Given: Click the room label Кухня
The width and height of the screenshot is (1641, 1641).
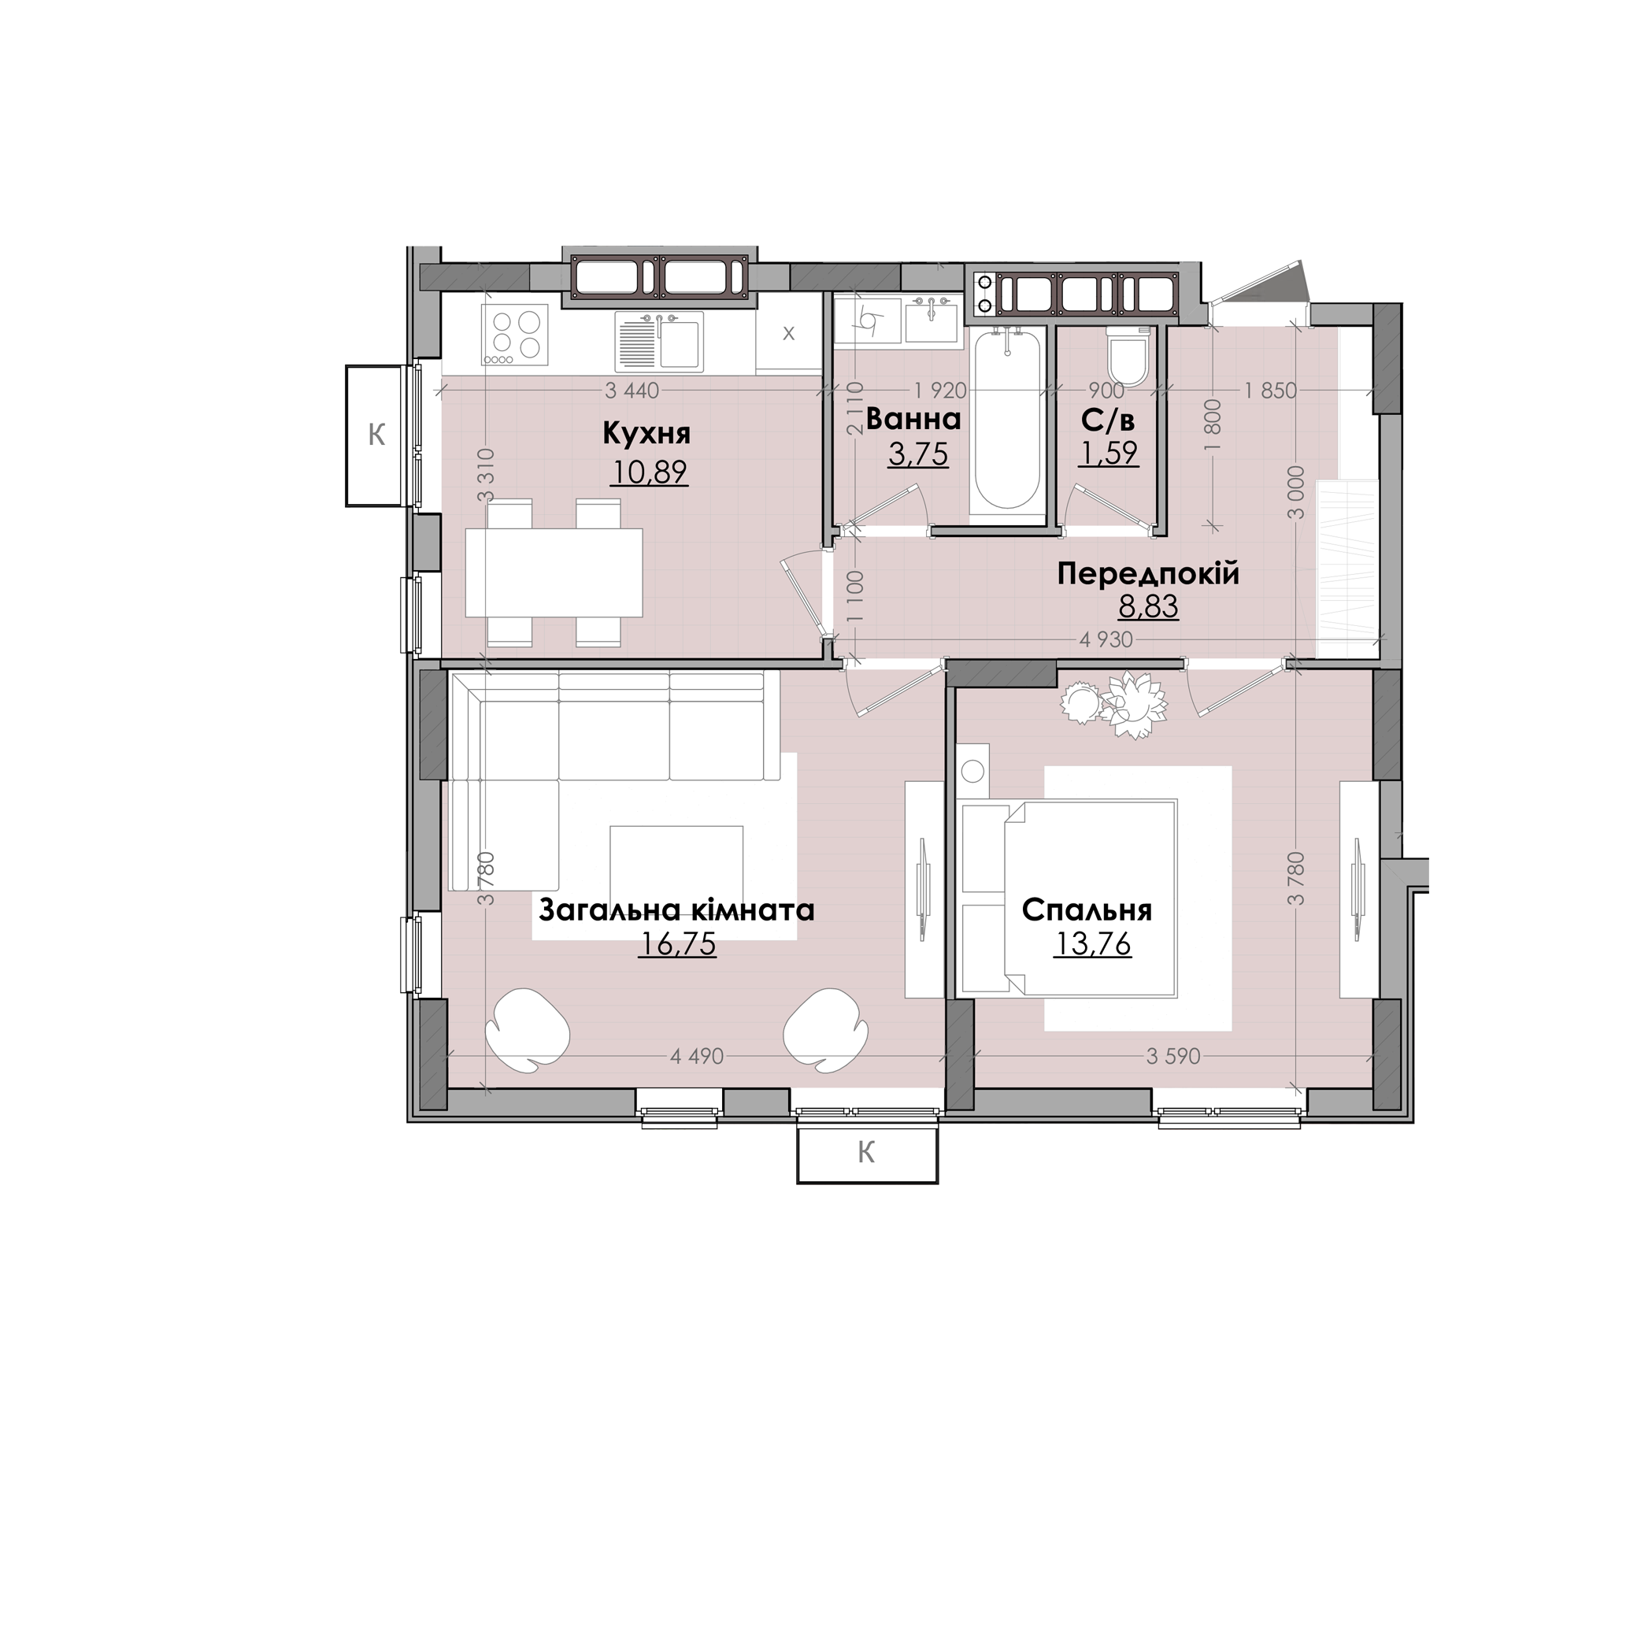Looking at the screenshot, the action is [646, 434].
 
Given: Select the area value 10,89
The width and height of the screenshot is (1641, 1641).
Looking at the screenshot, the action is [649, 472].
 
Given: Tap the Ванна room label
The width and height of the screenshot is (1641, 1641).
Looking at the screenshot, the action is [913, 419].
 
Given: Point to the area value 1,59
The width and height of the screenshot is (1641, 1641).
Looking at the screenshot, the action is [1109, 454].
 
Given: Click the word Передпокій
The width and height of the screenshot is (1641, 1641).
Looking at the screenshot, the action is [1148, 574].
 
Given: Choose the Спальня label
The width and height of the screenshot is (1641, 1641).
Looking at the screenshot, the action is [1087, 910].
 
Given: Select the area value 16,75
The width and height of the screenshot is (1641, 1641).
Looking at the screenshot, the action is [677, 943].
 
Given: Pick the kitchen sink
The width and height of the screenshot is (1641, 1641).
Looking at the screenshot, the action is [659, 342].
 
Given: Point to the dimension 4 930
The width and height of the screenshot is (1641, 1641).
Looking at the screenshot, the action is [1106, 639].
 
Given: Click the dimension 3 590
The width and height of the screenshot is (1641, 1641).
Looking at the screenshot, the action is [1173, 1057].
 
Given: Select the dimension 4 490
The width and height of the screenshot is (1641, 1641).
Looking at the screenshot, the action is [697, 1057].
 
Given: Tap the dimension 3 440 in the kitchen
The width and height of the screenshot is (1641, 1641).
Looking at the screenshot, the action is [632, 391].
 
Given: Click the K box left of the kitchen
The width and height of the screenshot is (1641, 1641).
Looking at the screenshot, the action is [375, 435].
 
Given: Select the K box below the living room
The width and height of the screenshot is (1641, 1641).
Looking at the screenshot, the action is [867, 1154].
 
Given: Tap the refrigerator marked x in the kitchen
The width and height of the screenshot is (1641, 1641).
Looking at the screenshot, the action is [788, 334].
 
